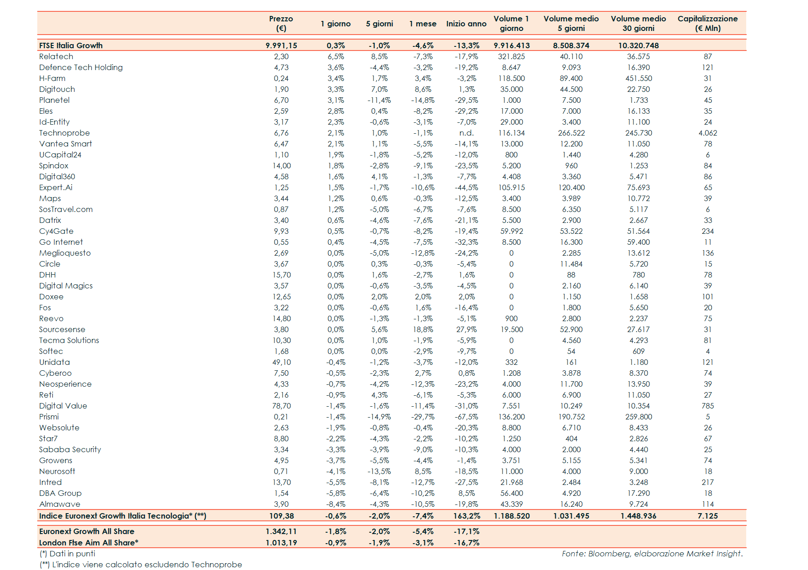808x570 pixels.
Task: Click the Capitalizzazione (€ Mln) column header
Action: pos(707,23)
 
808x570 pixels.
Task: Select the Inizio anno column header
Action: pos(466,24)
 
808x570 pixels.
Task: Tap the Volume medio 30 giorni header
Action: pos(638,23)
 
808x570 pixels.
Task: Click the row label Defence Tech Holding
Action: pos(81,67)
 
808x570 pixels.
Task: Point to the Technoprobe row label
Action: pos(65,133)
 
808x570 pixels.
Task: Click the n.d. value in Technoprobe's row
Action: pos(466,133)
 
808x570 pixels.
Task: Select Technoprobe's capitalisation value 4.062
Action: pos(708,133)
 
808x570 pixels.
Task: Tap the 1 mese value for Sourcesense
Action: pos(423,329)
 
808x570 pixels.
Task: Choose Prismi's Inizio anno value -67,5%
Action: pos(466,417)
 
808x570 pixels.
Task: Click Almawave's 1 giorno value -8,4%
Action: pos(335,504)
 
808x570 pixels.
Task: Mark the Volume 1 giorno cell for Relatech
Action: pos(511,56)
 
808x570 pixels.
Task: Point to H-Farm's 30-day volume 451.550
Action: pos(638,78)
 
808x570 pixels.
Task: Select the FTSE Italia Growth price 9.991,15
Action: pos(281,45)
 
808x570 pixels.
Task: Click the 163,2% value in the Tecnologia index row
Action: pos(466,516)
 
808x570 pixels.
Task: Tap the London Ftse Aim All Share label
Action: pos(89,543)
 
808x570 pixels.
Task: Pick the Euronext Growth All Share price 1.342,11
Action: pos(281,531)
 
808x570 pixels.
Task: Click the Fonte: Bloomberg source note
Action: pos(652,554)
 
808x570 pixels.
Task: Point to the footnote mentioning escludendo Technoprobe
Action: pos(141,565)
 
